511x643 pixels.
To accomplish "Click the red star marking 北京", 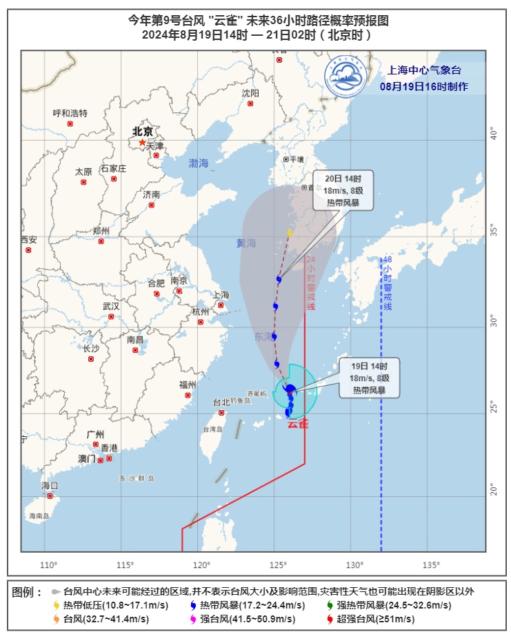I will (142, 143).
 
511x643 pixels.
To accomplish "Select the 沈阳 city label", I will (250, 93).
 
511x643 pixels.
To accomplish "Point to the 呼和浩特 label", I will (70, 114).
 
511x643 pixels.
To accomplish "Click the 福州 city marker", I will (188, 395).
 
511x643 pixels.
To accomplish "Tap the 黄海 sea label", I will (246, 243).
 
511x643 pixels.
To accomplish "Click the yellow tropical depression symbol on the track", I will (290, 232).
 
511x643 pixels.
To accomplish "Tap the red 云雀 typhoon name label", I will (298, 424).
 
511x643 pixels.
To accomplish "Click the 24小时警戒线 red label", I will (310, 283).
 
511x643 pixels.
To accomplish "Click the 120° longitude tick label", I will (201, 566).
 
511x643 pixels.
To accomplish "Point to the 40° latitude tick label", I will (493, 133).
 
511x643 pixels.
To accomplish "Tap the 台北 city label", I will (221, 402).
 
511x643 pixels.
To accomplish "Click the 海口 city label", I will (50, 486).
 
